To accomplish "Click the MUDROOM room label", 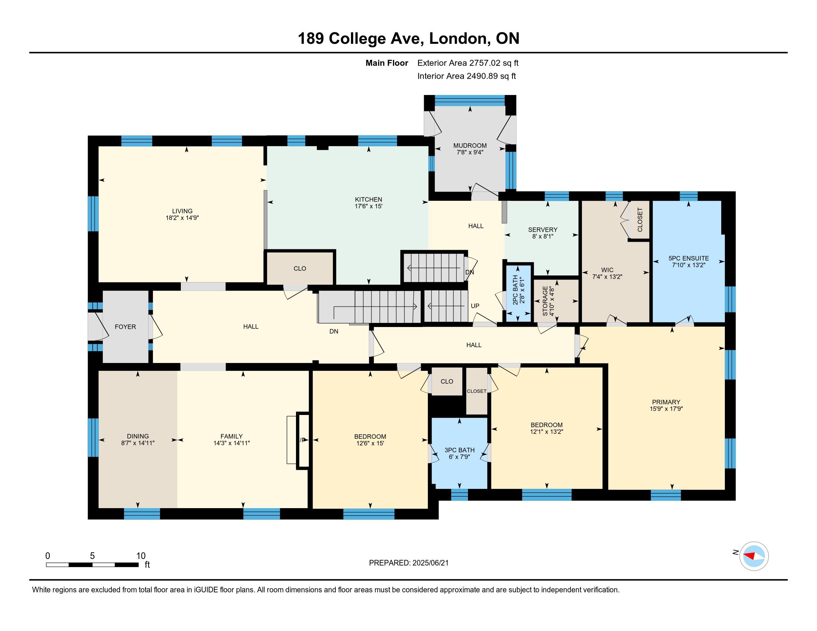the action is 470,146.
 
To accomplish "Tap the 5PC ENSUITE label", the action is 689,258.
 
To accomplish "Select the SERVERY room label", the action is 543,229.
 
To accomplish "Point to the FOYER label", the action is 125,327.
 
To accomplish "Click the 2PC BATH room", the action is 519,292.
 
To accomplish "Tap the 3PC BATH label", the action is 459,450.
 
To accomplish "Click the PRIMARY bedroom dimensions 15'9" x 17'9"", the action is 666,409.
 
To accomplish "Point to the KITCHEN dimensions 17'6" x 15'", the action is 368,206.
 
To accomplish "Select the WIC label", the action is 607,270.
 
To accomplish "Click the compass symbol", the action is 754,556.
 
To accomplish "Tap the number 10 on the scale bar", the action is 141,556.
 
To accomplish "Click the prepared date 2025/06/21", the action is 430,563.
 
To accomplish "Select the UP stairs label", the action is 475,306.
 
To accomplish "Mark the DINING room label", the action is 138,436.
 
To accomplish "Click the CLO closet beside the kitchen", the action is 300,268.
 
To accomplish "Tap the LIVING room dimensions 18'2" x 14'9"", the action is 182,218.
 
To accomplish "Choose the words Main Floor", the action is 387,63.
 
